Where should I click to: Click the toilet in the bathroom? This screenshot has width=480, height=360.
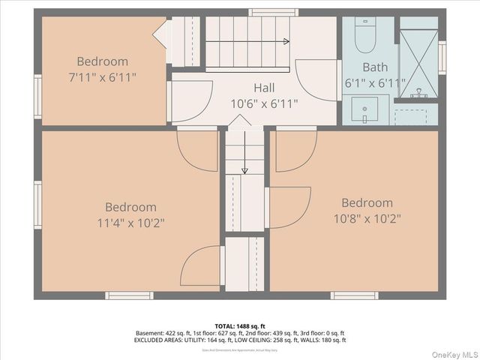(365, 34)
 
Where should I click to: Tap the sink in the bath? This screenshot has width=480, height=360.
(365, 111)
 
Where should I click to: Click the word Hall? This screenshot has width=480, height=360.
(264, 88)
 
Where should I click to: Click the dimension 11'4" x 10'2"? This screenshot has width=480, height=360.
(130, 223)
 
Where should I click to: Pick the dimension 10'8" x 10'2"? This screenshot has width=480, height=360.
(367, 219)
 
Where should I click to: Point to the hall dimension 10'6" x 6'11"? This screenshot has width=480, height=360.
(264, 103)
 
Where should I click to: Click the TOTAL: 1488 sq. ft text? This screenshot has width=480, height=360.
(240, 325)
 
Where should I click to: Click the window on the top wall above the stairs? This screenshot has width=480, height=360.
(273, 12)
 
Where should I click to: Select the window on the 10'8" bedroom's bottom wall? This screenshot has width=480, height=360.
(354, 295)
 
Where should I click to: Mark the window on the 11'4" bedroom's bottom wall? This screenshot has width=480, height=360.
(129, 295)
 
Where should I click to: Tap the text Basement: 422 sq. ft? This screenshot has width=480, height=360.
(161, 333)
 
